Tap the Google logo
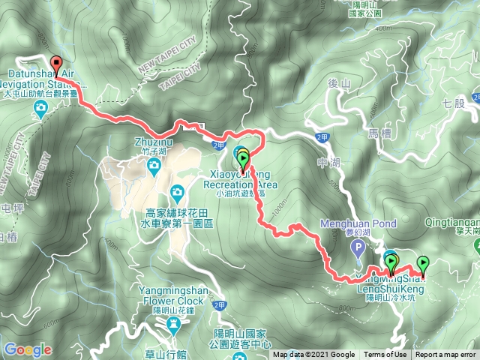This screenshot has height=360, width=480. pyautogui.click(x=28, y=349)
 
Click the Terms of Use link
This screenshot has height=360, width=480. pyautogui.click(x=385, y=355)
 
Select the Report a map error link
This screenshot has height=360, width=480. pyautogui.click(x=446, y=355)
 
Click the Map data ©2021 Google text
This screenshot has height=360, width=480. pyautogui.click(x=313, y=355)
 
